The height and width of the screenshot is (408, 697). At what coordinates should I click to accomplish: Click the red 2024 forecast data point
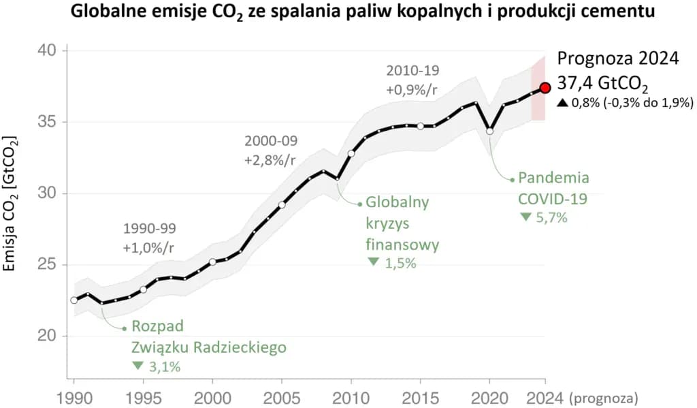(x=545, y=87)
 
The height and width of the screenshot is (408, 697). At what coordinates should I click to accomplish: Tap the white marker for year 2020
(x=490, y=131)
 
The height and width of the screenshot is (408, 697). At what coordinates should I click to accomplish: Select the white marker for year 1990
(x=74, y=300)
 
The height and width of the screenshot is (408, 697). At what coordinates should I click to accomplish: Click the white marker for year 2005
(x=282, y=205)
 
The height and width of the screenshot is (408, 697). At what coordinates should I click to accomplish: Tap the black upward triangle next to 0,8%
(x=562, y=104)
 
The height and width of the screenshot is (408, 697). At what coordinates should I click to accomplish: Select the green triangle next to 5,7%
(x=525, y=217)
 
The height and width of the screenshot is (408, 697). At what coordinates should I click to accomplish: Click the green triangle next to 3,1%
(x=138, y=366)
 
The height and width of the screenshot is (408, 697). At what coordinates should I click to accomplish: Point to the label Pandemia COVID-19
(x=553, y=189)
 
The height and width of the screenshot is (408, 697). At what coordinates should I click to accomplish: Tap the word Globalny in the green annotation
(x=397, y=202)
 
